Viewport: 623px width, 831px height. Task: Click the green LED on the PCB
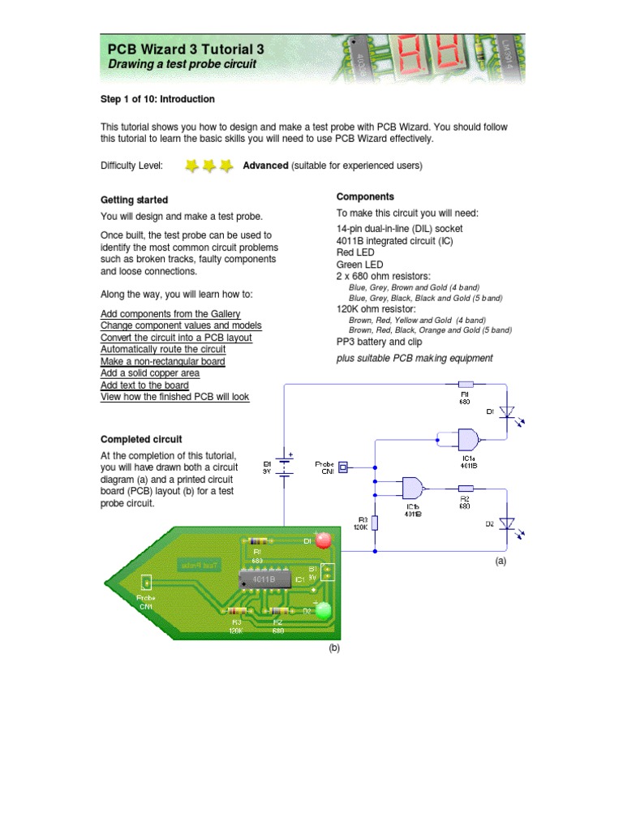coord(324,610)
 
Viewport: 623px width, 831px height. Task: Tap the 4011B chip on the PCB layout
coord(263,579)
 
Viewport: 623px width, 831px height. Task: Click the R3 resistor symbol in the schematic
coord(376,523)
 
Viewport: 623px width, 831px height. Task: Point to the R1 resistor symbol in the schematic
coord(466,385)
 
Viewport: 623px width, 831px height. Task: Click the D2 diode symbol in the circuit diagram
coord(506,524)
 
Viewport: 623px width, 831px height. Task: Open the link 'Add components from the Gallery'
coord(170,314)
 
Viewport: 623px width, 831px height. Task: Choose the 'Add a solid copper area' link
coord(150,373)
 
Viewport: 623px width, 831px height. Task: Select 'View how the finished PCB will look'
coord(175,397)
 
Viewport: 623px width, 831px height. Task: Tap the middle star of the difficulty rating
coord(208,166)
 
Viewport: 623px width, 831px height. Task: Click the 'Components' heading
coord(365,197)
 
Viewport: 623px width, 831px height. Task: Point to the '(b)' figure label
coord(333,648)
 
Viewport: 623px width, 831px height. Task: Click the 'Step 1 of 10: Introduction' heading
coord(157,99)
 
